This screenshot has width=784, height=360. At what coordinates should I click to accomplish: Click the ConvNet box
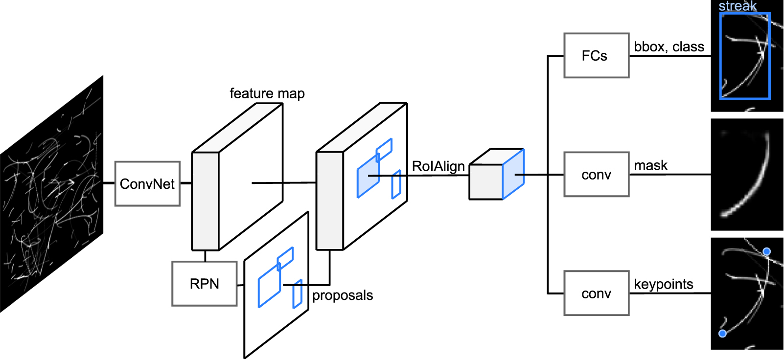click(x=147, y=183)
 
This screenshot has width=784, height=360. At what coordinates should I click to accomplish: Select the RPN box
click(x=204, y=284)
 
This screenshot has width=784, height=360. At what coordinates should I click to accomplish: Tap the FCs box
click(x=596, y=56)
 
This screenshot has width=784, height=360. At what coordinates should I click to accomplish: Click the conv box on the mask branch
click(x=596, y=175)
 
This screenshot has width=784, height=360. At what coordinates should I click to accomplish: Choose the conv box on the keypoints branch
click(x=596, y=293)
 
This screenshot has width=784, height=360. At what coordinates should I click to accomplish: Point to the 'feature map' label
click(x=267, y=93)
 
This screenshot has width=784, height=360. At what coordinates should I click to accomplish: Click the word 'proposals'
click(x=343, y=295)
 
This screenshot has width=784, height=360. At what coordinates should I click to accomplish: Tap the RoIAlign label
click(x=438, y=166)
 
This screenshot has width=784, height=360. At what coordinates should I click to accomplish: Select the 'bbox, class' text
click(x=669, y=46)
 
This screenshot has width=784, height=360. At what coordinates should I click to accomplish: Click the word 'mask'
click(x=650, y=165)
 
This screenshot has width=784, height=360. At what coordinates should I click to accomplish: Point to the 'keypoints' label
click(x=663, y=284)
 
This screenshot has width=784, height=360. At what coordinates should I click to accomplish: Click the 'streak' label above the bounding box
click(x=737, y=6)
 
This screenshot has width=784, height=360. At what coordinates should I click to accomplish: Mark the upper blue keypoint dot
click(x=766, y=251)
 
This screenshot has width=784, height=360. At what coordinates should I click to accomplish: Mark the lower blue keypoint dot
click(x=722, y=334)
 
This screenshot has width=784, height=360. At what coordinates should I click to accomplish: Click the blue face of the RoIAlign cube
click(x=513, y=174)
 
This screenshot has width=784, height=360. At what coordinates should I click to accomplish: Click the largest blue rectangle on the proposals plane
click(x=269, y=285)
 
